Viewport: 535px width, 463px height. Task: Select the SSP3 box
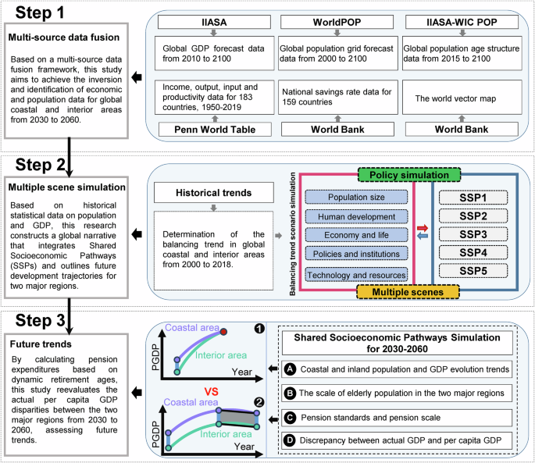[x=472, y=233]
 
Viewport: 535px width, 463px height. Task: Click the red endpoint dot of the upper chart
[x=224, y=332]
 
